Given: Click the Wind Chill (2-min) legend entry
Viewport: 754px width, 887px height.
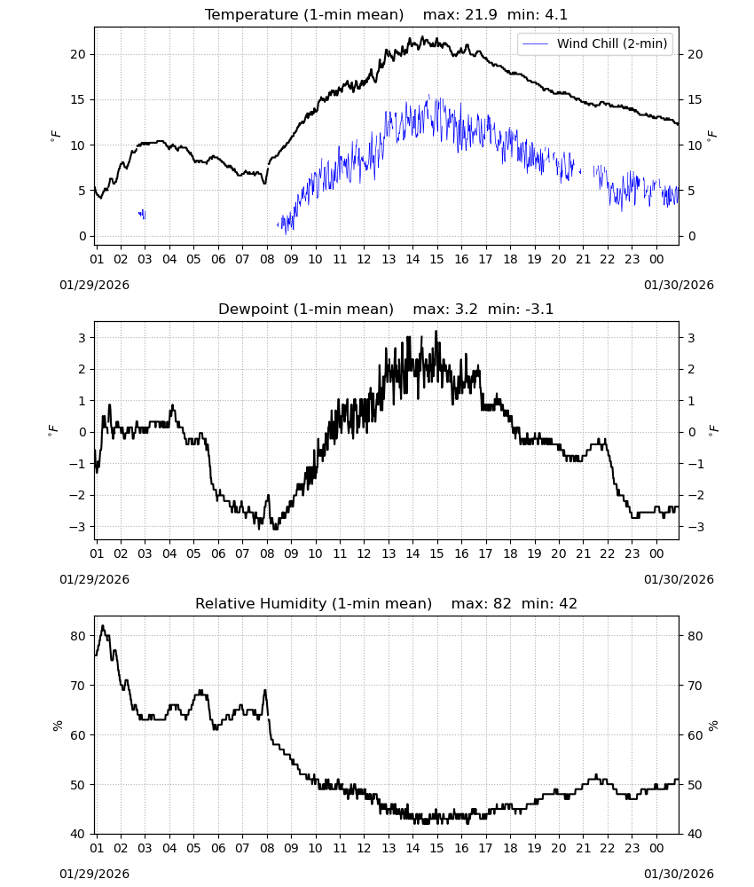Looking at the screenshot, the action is click(595, 43).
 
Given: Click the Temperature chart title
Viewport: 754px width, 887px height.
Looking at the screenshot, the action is click(304, 14).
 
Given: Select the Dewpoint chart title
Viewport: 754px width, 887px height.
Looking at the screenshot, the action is click(306, 309).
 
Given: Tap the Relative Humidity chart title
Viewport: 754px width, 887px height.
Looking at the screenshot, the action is click(313, 603).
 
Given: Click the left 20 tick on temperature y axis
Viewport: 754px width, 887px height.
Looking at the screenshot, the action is click(78, 54).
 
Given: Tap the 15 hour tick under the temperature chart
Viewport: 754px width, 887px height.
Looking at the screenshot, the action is click(436, 259).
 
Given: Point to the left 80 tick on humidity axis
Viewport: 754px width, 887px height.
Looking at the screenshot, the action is click(78, 636).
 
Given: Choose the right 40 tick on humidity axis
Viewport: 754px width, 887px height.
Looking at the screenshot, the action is click(695, 834).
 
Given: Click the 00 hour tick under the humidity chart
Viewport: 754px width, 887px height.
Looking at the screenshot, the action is click(656, 848).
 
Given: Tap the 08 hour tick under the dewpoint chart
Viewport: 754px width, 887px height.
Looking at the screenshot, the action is click(267, 553).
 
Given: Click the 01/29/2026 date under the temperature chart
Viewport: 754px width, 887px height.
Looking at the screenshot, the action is click(94, 285).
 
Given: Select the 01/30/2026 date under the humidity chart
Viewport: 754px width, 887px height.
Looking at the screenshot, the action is click(679, 874).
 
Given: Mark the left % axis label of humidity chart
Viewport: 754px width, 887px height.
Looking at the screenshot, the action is click(58, 726).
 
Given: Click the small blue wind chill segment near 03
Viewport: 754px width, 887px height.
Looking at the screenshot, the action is click(142, 214).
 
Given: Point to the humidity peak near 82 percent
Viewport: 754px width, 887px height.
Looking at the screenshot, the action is click(102, 626).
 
